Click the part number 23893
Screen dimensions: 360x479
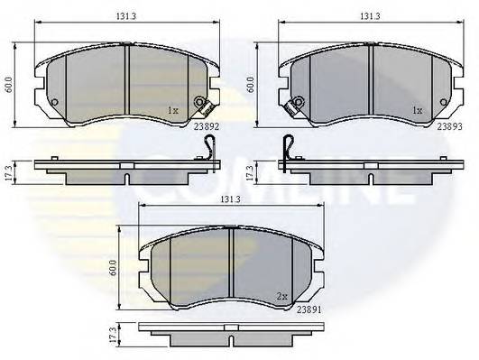click(450, 127)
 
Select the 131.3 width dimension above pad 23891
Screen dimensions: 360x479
click(230, 199)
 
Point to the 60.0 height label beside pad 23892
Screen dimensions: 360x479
click(9, 85)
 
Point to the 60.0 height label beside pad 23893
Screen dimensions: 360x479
click(253, 85)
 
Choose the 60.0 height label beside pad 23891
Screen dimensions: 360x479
click(113, 268)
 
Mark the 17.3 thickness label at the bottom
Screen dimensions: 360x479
click(113, 336)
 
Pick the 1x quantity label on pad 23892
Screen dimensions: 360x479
click(174, 111)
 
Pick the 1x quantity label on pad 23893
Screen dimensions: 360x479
click(418, 111)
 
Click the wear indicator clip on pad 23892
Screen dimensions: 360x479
click(202, 106)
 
